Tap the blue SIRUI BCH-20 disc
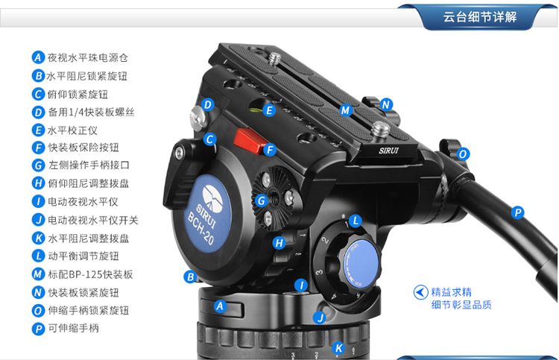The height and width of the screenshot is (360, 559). pos(208,213)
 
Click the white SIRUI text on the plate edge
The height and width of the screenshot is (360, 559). pos(388,151)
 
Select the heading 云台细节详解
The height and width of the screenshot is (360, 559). pos(480,17)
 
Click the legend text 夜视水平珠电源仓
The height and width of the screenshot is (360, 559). pos(88,57)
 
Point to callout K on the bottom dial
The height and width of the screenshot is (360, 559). pos(338,348)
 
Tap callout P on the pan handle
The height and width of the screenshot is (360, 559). pos(517,212)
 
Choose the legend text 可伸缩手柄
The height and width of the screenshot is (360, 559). pos(74,328)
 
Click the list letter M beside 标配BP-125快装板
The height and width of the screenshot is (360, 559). pos(38,274)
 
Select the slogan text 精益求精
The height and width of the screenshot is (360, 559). pos(452,292)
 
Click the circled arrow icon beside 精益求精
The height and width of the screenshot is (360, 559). pos(420,292)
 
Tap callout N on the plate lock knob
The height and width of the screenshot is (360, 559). pos(386,105)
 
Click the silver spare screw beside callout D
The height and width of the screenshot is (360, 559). pos(198,118)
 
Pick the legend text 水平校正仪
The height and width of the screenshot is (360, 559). pos(72,130)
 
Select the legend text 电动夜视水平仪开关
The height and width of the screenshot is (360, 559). pos(93,221)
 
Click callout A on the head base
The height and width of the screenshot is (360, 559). pos(220,306)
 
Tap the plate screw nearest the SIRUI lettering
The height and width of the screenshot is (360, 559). pos(380,129)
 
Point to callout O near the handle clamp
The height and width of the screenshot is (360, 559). pos(463,154)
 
